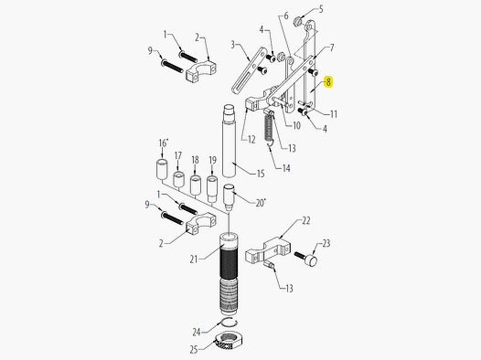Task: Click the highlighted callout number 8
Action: tap(329, 81)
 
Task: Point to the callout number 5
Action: tap(320, 8)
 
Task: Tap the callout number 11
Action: tap(334, 114)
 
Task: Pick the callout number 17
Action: tap(177, 155)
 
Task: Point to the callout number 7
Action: tap(332, 48)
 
